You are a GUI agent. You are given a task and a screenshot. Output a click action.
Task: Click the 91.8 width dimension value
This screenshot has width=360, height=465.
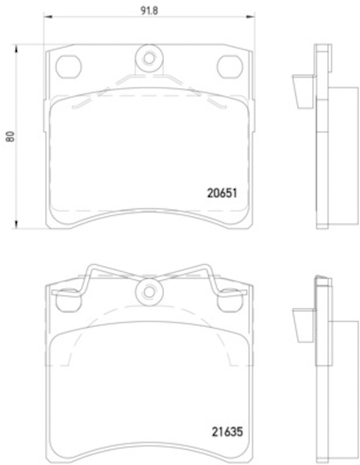click(149, 10)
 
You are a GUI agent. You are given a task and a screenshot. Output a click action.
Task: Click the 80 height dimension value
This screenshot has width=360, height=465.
click(10, 136)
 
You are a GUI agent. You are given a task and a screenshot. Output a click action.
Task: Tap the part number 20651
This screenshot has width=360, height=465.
click(222, 193)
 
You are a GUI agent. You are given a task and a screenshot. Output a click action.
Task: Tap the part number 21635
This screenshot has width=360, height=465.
click(227, 431)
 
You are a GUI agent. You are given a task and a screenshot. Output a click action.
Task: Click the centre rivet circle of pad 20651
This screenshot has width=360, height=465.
click(149, 59)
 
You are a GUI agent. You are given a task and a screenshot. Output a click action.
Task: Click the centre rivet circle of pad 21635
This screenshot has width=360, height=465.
click(149, 292)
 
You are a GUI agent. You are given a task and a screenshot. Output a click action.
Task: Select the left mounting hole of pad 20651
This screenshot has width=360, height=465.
click(69, 67)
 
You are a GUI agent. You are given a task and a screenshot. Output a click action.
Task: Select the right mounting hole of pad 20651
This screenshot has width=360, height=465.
click(229, 67)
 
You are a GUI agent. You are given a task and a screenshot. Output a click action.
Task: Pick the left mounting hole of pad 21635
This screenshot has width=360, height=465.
click(69, 300)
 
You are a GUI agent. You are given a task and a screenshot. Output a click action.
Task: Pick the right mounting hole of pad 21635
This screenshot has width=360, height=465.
click(229, 300)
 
